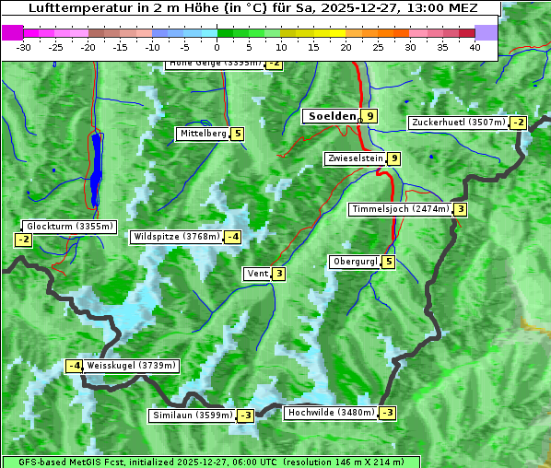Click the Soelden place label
(x=331, y=116)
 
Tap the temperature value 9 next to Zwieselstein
(x=394, y=158)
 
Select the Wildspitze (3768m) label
(x=177, y=237)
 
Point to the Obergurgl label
(x=354, y=262)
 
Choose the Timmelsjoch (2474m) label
(x=401, y=209)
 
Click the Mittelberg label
(x=203, y=134)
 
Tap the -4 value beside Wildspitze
(x=233, y=237)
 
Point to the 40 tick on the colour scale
(x=475, y=47)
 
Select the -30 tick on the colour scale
(x=24, y=47)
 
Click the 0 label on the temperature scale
(x=217, y=47)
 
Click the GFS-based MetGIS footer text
(x=74, y=462)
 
